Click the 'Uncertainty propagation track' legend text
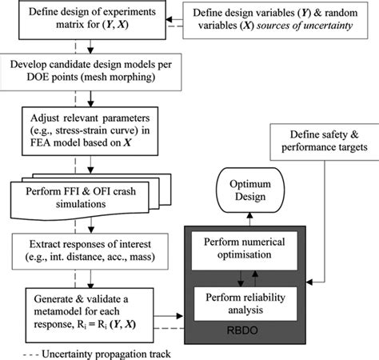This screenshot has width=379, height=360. coord(103,350)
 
